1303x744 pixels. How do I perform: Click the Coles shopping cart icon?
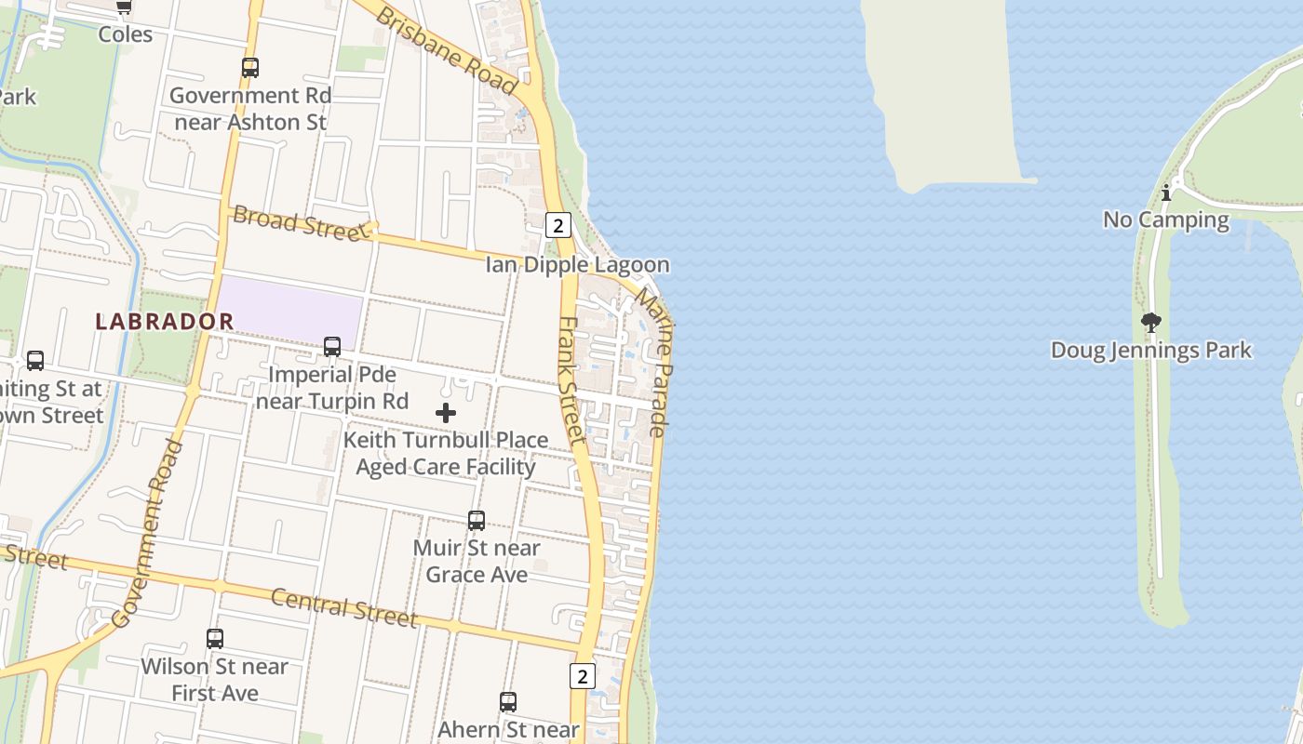tap(124, 7)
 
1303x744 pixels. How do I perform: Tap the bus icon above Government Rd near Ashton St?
tap(249, 68)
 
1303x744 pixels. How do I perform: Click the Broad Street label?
tap(301, 223)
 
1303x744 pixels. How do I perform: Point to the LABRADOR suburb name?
tap(165, 322)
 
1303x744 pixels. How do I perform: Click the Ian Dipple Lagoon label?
tap(577, 265)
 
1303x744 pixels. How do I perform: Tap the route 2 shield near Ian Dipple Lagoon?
tap(557, 225)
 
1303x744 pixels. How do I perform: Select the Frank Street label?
tap(571, 379)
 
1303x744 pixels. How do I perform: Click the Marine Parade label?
tap(655, 363)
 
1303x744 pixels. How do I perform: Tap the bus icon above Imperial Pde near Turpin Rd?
tap(332, 347)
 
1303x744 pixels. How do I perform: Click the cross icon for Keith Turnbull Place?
tap(446, 413)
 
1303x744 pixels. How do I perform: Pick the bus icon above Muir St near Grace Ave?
tap(477, 521)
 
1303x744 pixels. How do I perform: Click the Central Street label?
tap(344, 608)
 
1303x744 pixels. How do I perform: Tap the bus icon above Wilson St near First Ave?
tap(215, 639)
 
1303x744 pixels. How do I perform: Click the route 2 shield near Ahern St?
tap(582, 676)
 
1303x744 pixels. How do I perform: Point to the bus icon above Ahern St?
tap(508, 702)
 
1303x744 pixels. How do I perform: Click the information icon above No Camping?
tap(1166, 193)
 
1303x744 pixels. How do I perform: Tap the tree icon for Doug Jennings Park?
tap(1151, 323)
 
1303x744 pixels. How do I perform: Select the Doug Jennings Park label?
tap(1151, 351)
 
